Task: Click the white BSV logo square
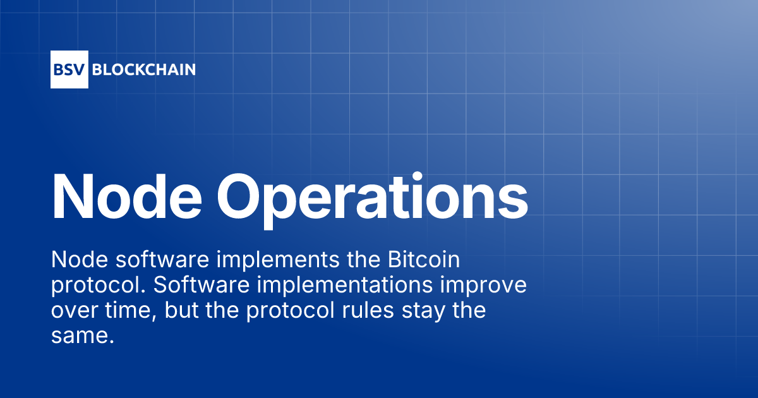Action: tap(69, 69)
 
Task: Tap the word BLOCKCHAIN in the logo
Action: tap(144, 69)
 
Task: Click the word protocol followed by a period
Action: tap(97, 286)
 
